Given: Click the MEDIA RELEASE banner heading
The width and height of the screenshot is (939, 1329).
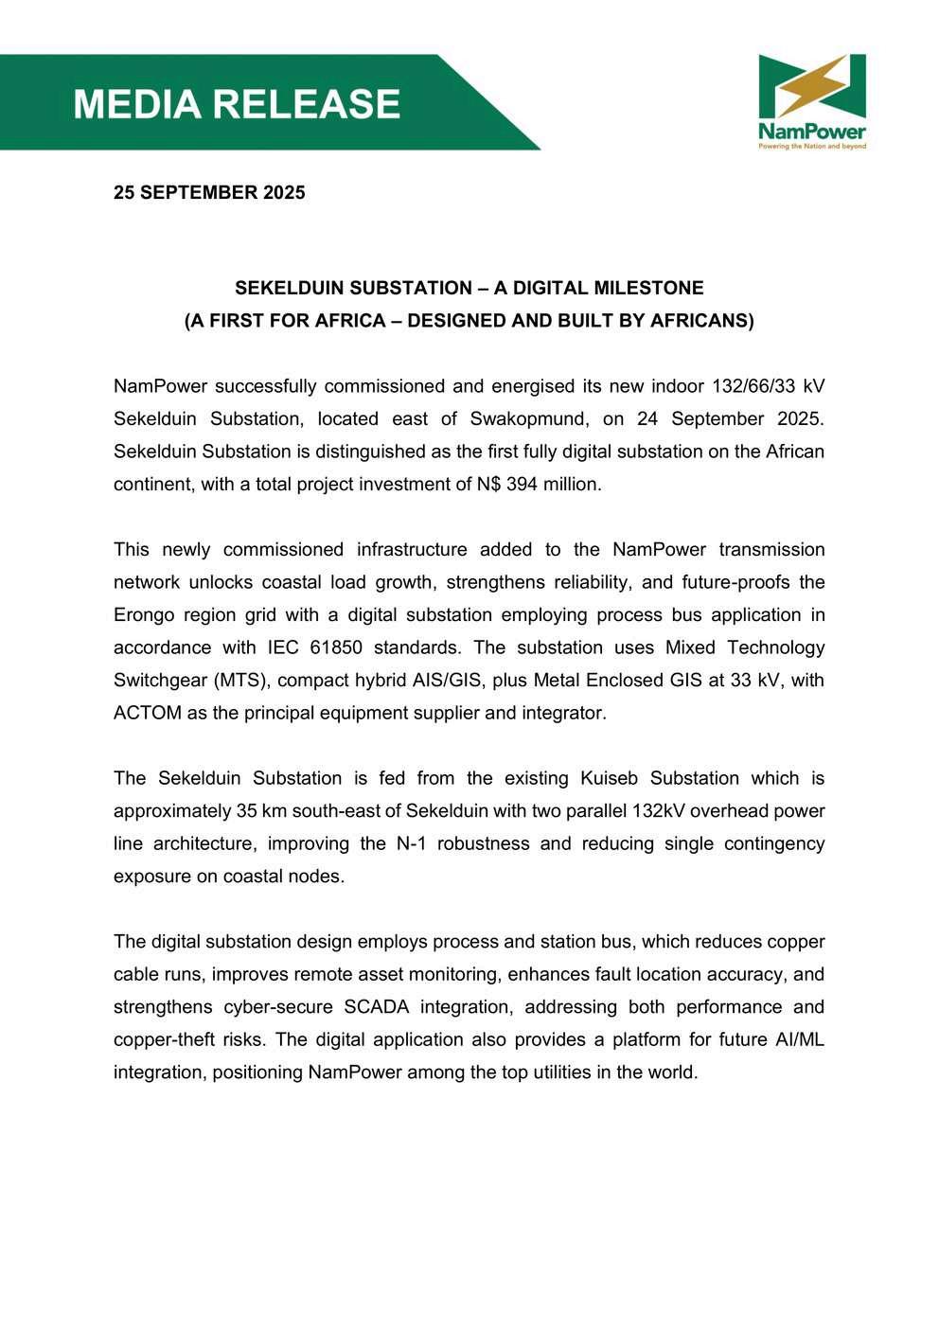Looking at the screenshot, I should (237, 104).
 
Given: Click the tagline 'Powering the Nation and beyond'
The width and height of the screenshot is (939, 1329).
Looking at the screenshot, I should (812, 147).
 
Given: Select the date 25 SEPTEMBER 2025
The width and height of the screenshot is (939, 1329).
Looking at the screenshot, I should (209, 192).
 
